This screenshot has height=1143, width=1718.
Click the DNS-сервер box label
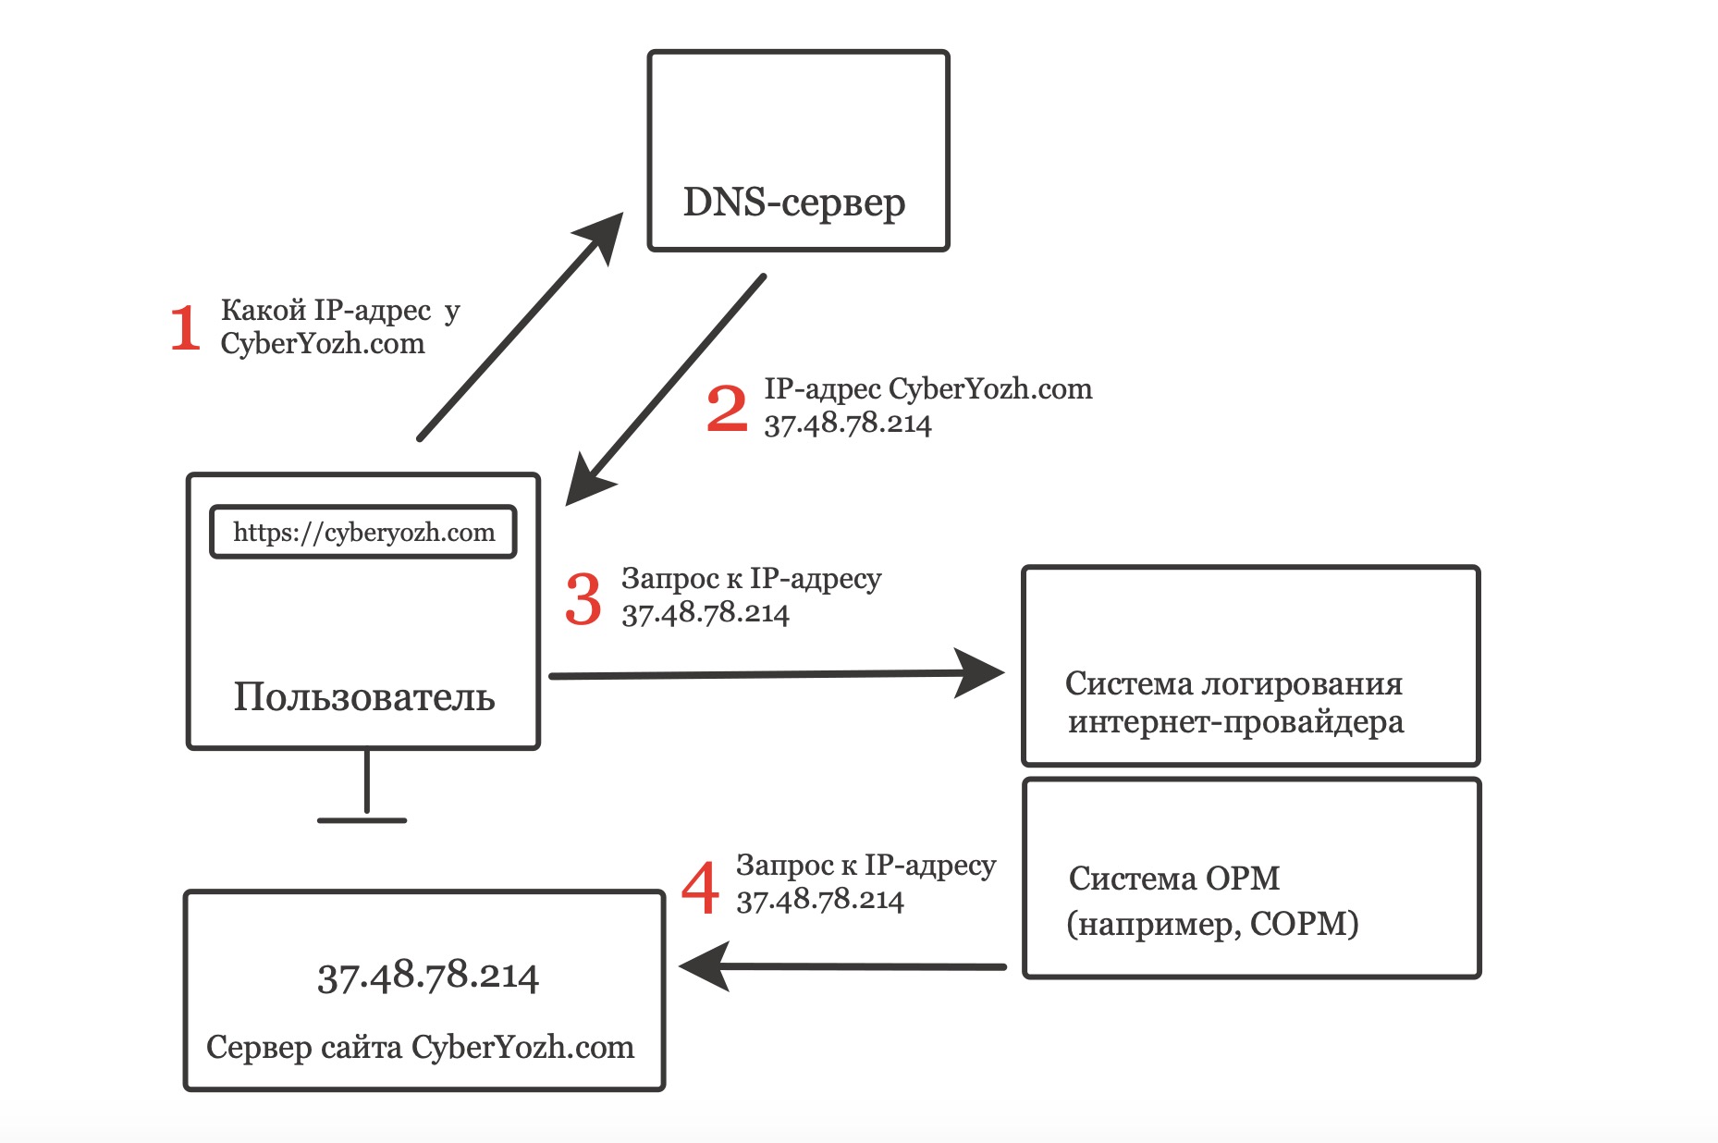[793, 203]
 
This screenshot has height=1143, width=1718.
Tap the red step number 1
[185, 328]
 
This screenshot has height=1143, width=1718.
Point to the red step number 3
[583, 598]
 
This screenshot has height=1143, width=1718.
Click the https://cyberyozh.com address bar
[363, 532]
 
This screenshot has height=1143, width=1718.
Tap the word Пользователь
[363, 696]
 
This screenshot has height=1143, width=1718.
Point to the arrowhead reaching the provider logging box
[982, 672]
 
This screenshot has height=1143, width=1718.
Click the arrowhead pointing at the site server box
[705, 966]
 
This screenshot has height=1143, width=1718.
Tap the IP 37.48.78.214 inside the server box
[427, 976]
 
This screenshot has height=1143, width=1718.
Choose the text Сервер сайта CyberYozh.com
[420, 1047]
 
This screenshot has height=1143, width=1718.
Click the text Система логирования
[1233, 683]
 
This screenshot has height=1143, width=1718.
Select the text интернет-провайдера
[1235, 721]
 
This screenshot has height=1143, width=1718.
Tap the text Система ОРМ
[1173, 878]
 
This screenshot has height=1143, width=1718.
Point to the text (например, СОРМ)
[1212, 923]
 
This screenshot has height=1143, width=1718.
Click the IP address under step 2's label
[847, 424]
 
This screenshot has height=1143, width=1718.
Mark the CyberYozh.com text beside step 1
[322, 344]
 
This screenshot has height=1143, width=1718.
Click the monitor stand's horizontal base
[362, 820]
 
